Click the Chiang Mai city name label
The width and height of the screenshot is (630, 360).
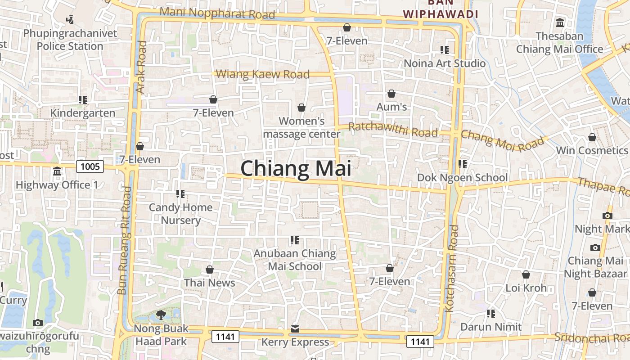[296, 169]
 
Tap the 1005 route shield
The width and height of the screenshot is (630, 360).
[90, 167]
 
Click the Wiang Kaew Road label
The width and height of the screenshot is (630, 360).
[263, 74]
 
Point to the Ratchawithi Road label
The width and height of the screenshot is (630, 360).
[393, 130]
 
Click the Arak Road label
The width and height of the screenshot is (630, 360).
[142, 67]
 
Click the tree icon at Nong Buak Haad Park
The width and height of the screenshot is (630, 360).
[161, 315]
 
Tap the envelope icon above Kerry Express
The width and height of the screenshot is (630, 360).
[295, 329]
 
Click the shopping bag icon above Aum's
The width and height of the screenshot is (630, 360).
[391, 94]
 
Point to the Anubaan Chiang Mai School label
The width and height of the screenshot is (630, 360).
[295, 260]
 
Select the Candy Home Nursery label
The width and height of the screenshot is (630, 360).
[180, 214]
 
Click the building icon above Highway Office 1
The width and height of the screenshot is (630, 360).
[57, 171]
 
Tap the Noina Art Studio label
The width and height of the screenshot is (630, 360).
[445, 63]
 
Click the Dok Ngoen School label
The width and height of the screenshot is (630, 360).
[463, 177]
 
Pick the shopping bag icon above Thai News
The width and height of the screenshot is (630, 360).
[209, 270]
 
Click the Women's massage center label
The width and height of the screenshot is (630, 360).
[301, 127]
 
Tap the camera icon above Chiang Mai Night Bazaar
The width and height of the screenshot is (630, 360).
[595, 247]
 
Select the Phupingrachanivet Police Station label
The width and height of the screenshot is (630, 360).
[70, 40]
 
